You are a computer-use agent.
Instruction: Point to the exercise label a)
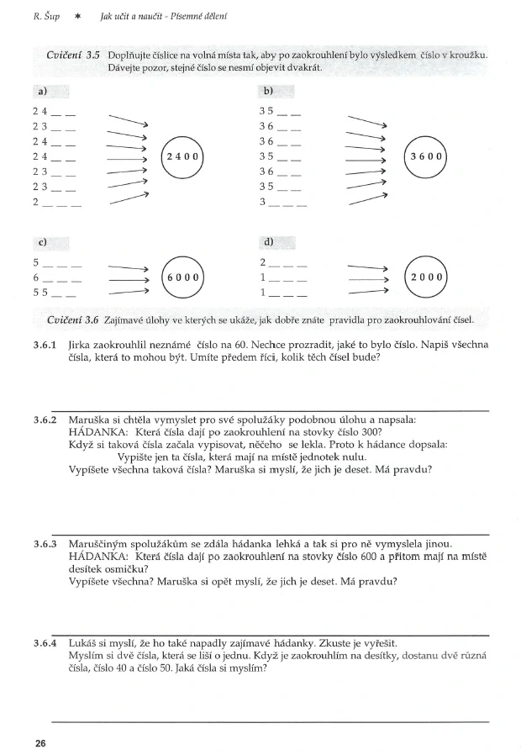point(39,91)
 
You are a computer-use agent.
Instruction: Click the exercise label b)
point(269,91)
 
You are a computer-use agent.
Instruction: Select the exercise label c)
point(39,242)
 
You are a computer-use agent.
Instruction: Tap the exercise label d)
point(269,242)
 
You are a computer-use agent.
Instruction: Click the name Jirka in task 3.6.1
point(82,345)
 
